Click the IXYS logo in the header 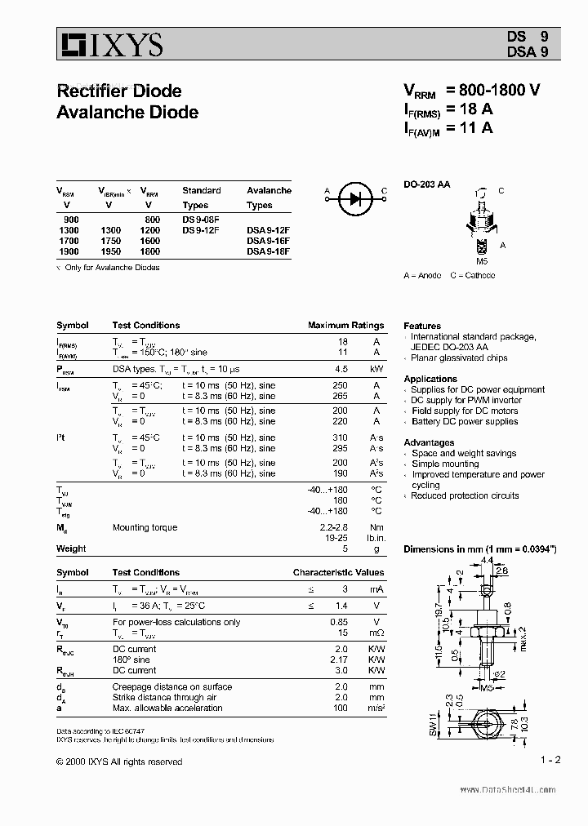pos(110,45)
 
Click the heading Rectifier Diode pos(119,91)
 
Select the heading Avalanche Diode pos(127,112)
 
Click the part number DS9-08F pos(201,220)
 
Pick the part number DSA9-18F pos(268,252)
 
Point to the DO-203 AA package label pos(426,184)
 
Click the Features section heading pos(422,326)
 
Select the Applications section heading pos(430,379)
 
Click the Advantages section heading pos(429,442)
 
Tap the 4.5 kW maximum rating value pos(341,368)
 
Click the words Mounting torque pos(145,528)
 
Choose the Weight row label pos(71,548)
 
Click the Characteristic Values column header pos(338,572)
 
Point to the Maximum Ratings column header pos(345,325)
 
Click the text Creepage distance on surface pos(172,686)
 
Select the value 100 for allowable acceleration pos(341,708)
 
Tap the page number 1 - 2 pos(550,760)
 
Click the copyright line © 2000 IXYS pos(119,762)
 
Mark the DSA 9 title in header pos(528,51)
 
